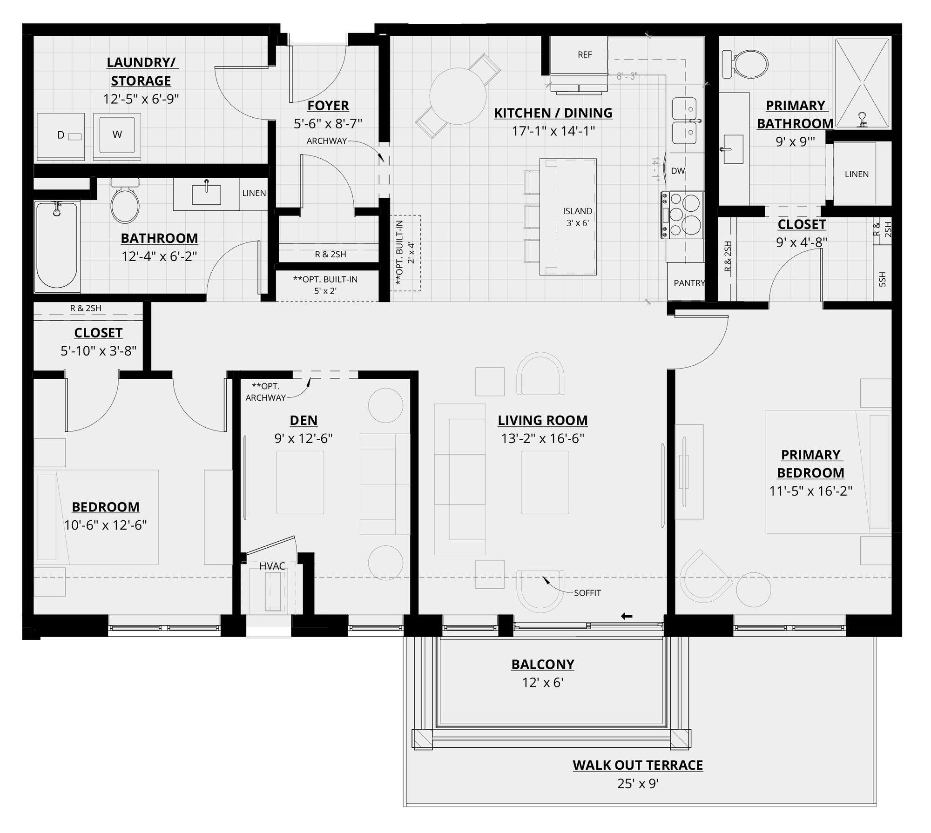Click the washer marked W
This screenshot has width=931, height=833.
point(117,134)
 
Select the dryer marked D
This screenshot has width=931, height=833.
point(61,135)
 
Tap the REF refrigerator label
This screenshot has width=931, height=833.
point(585,55)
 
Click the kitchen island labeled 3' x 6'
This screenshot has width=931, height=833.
point(568,217)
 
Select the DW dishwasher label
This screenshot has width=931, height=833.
point(678,171)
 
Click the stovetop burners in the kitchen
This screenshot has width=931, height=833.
point(683,215)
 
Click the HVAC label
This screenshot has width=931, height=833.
point(272,566)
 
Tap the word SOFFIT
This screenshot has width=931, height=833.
point(587,593)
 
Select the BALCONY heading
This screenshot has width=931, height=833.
point(543,664)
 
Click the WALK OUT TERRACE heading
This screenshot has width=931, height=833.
point(638,765)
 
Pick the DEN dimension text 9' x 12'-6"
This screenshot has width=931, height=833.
point(304,438)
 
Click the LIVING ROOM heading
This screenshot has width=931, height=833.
point(543,420)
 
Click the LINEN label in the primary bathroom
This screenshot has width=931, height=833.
point(857,174)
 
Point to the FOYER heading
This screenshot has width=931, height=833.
point(328,106)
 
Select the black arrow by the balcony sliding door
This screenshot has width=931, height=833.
point(627,617)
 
